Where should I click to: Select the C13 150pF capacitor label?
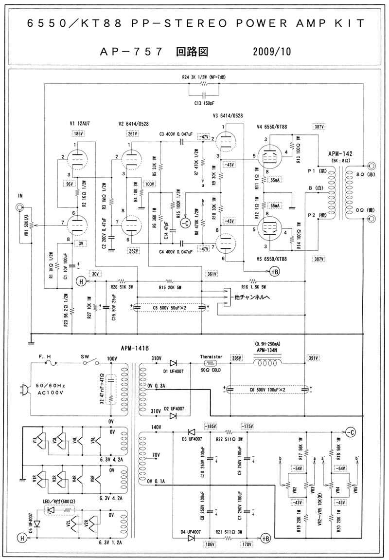click(x=204, y=104)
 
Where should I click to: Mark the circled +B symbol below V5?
click(x=275, y=271)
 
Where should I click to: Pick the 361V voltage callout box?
click(x=212, y=274)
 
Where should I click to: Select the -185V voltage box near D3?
click(x=210, y=426)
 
